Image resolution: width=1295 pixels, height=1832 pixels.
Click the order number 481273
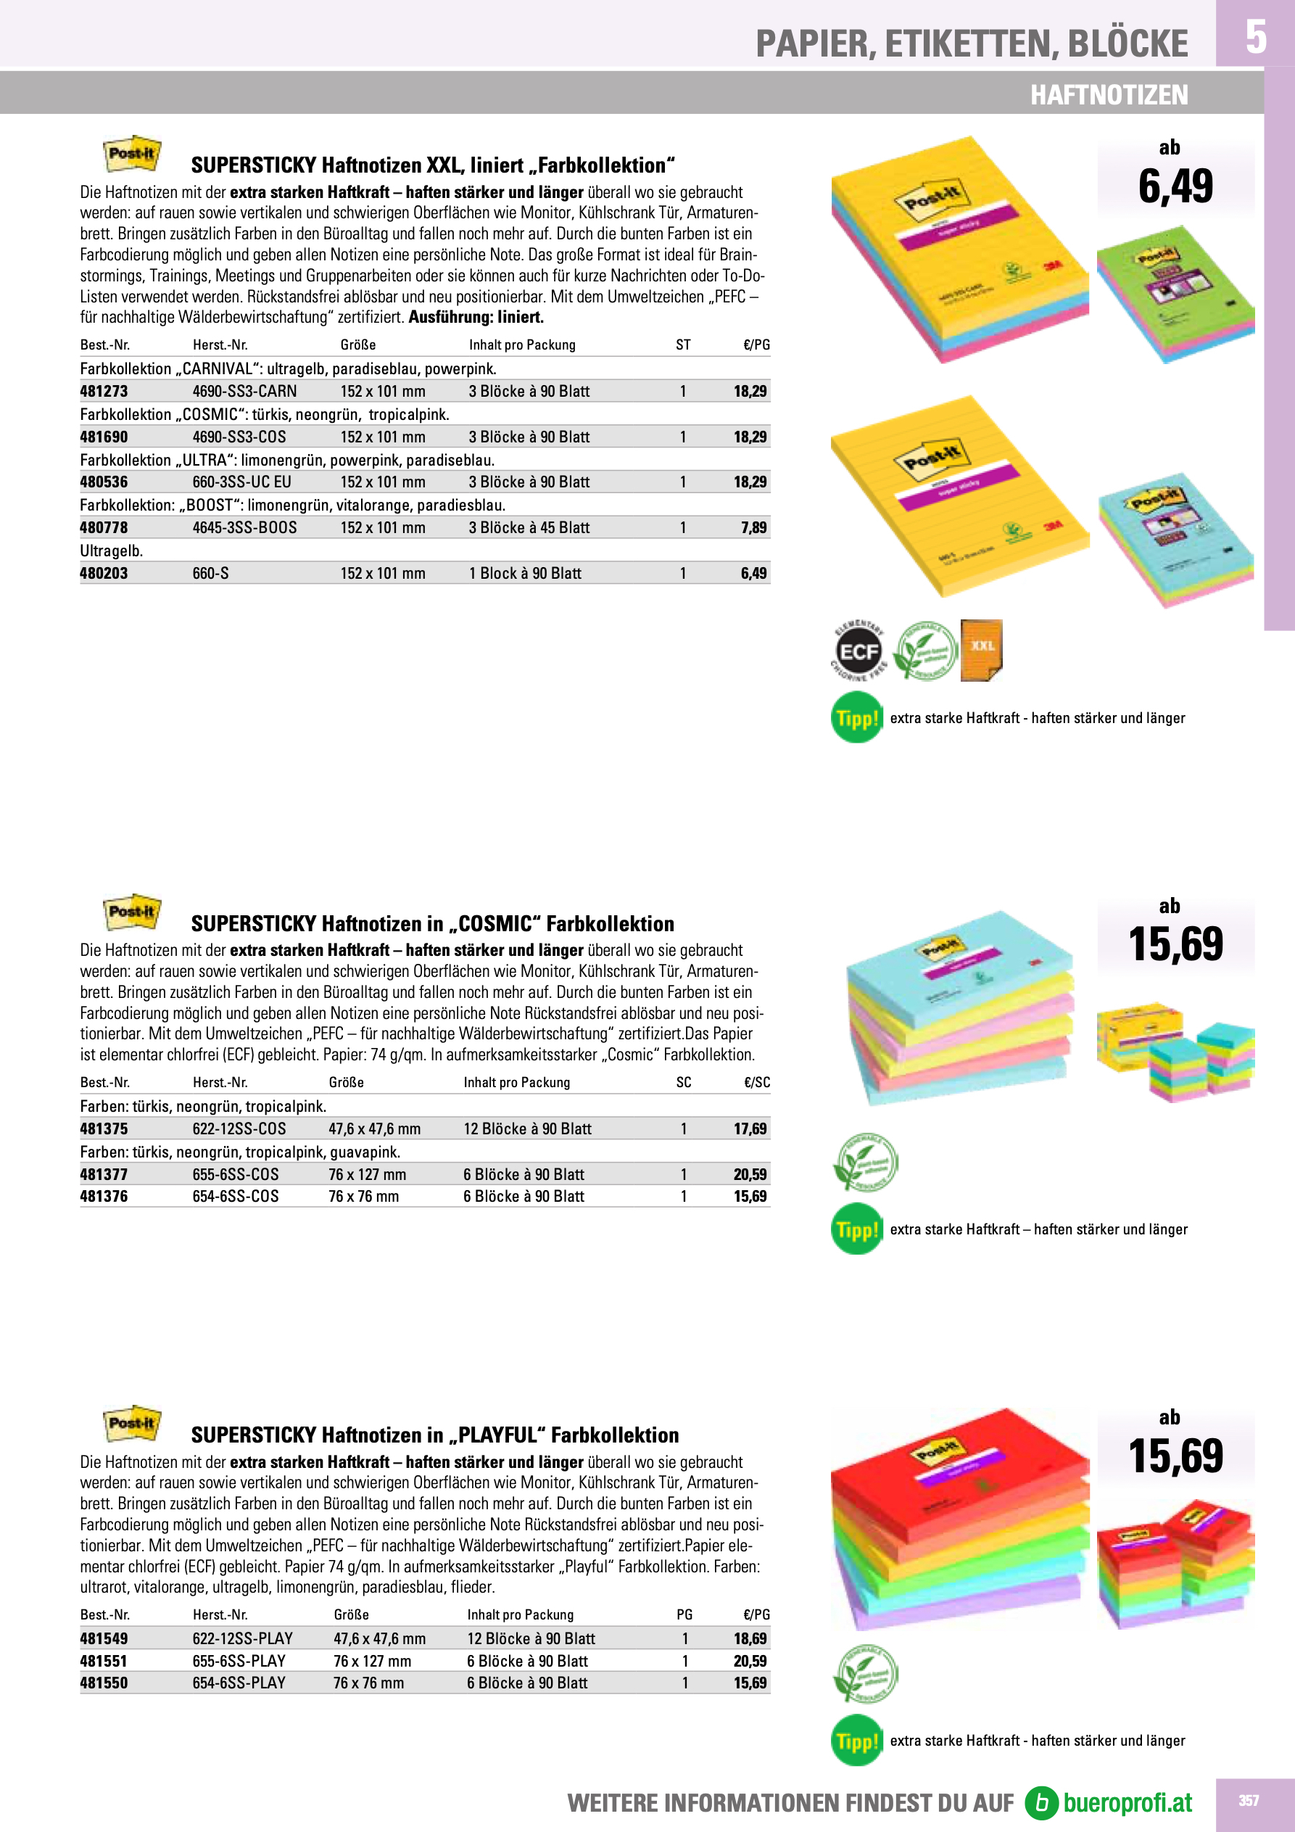(x=104, y=391)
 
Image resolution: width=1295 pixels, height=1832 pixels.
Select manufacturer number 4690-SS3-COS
(x=239, y=437)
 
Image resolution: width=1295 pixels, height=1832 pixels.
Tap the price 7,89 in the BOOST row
(x=753, y=527)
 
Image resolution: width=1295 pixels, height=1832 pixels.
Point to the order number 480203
(x=104, y=573)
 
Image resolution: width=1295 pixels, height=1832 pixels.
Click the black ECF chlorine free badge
(x=858, y=651)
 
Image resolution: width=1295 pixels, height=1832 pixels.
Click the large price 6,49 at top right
(x=1175, y=186)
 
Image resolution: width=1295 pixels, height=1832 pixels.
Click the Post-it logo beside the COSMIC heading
(x=133, y=912)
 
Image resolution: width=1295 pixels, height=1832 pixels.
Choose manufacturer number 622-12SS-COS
(x=239, y=1129)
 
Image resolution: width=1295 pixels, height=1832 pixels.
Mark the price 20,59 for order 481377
(x=750, y=1174)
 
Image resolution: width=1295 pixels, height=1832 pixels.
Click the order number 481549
(x=104, y=1639)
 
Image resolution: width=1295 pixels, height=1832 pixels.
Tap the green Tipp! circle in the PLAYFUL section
(x=856, y=1740)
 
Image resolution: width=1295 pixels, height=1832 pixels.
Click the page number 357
(x=1249, y=1801)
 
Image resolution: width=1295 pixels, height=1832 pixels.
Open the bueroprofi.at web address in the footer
(x=1127, y=1802)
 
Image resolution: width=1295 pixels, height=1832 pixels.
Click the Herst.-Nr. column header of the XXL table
(x=220, y=344)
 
